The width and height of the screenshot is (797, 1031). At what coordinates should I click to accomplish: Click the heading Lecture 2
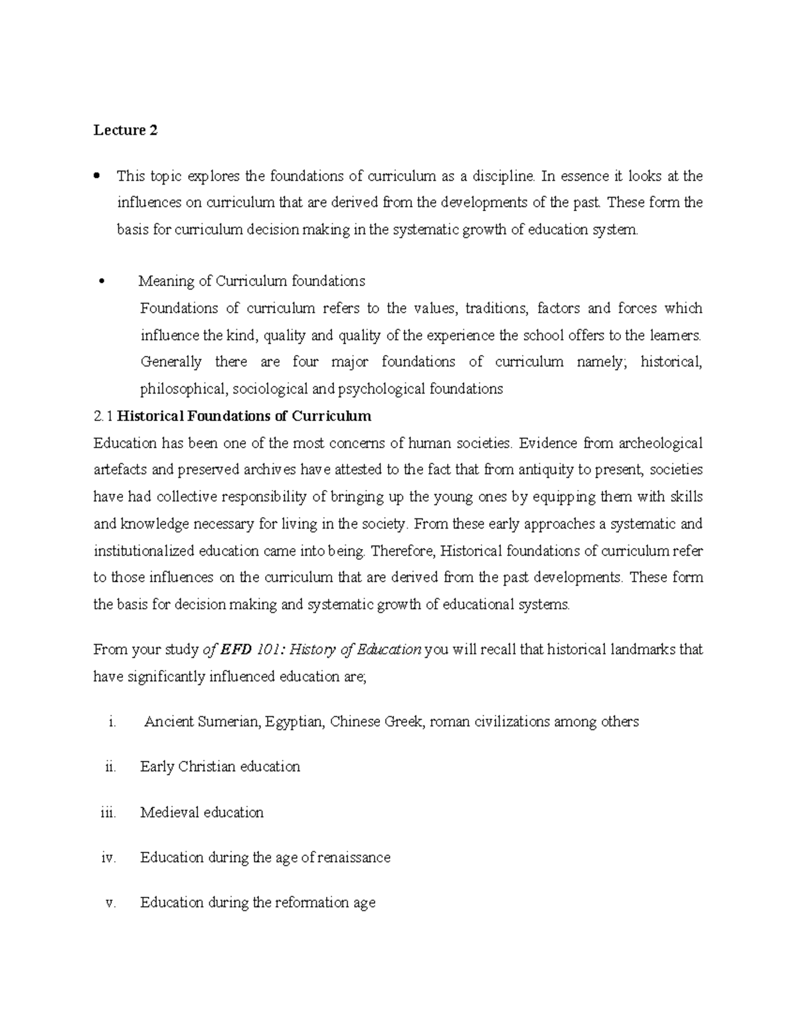(126, 130)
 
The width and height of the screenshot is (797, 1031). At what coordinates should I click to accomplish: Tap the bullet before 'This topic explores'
(97, 177)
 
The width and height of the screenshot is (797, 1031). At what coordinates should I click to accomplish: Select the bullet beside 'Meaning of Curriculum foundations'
(101, 281)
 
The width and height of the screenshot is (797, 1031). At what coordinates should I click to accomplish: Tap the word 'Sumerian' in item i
(226, 722)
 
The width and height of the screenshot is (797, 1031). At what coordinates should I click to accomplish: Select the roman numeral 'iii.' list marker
(107, 813)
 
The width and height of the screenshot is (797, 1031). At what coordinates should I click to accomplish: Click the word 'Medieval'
(169, 813)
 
